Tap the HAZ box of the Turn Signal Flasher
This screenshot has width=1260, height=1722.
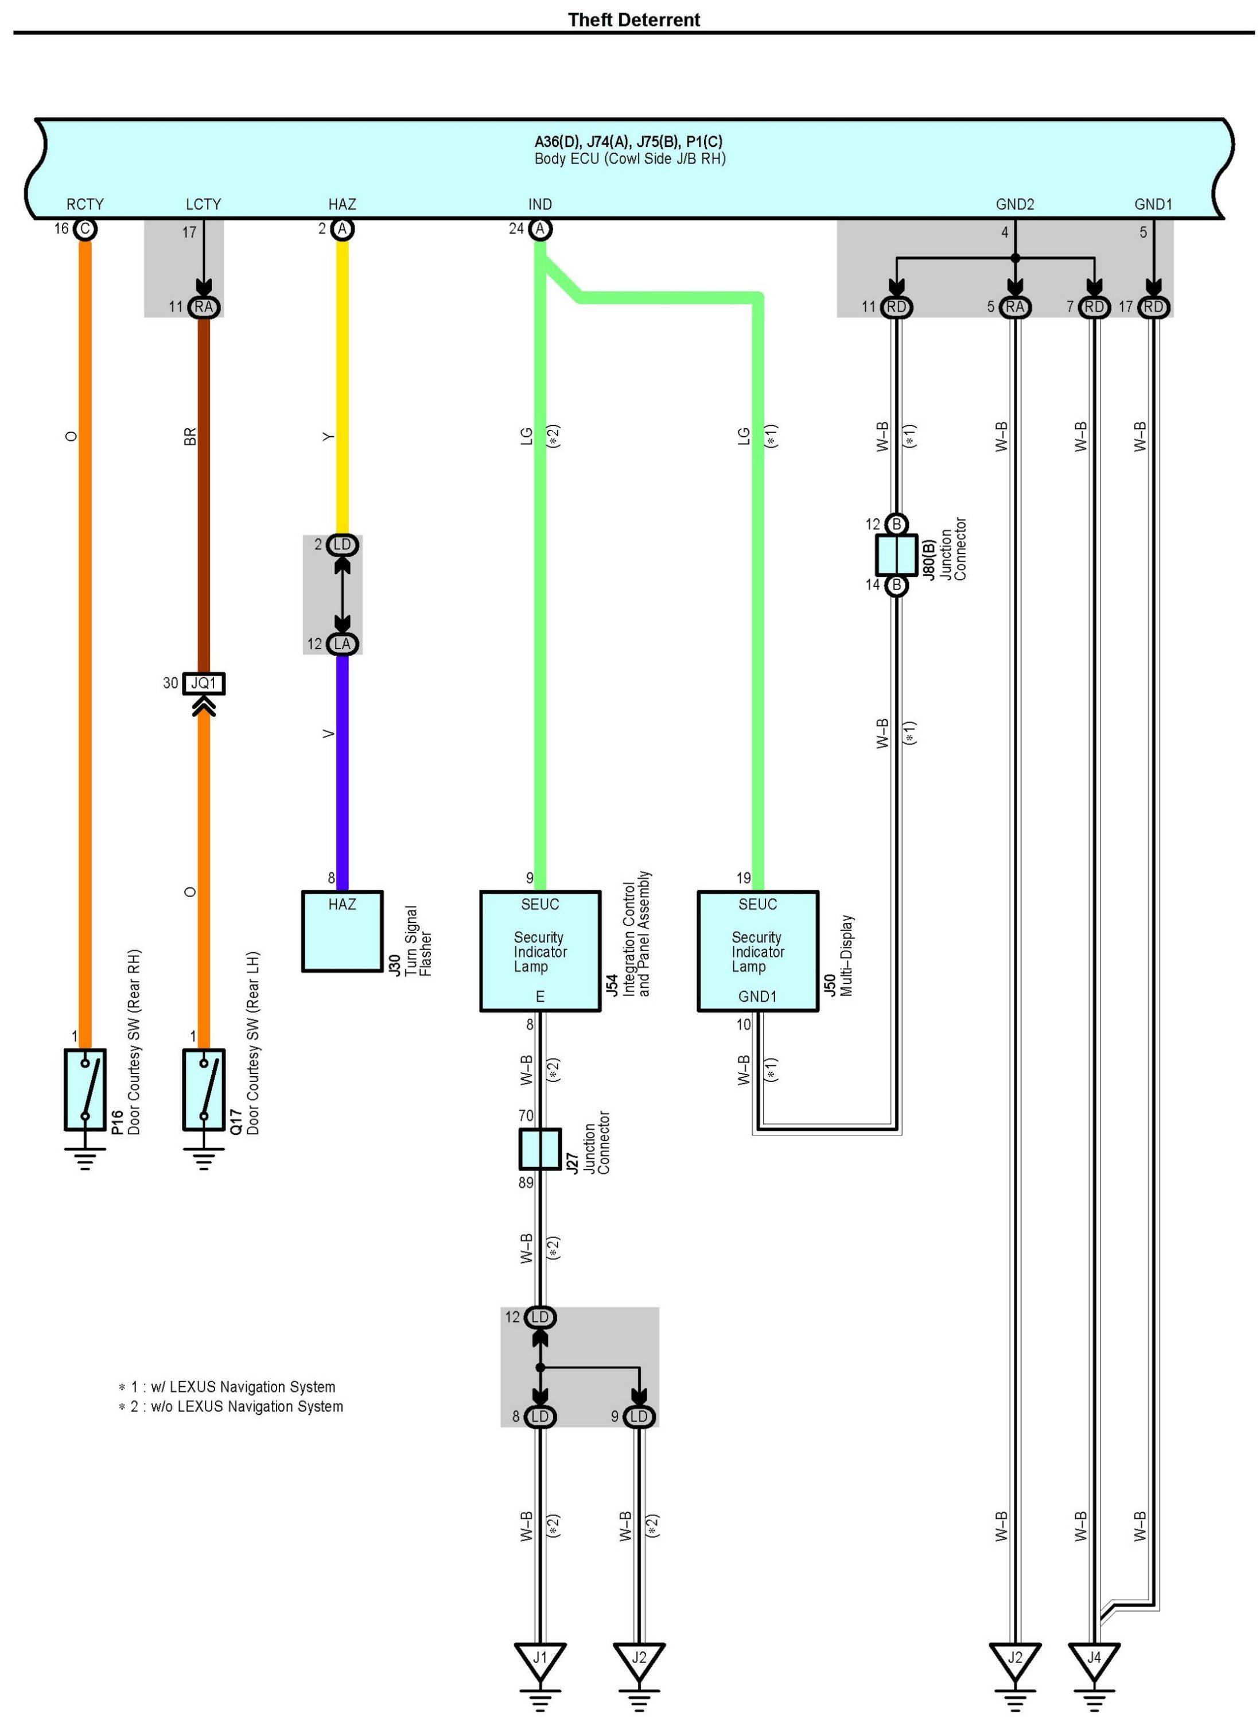343,931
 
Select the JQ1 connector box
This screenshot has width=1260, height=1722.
204,683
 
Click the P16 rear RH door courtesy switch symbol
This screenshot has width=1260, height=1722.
85,1089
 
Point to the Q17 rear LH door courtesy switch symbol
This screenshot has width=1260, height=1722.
204,1089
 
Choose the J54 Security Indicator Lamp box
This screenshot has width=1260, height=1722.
540,951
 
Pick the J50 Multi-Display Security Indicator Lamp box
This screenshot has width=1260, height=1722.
758,951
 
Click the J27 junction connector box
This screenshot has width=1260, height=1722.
540,1149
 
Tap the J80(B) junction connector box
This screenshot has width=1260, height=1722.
896,554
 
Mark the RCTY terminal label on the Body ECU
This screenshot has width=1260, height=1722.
85,204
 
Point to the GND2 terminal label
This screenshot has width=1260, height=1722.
1015,204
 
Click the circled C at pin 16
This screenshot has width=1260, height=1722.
85,229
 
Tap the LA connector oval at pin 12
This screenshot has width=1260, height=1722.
343,644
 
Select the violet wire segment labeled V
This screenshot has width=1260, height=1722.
343,772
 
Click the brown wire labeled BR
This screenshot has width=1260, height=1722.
204,494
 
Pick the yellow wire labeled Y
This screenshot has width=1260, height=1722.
343,387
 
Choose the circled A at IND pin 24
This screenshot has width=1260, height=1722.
540,229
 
